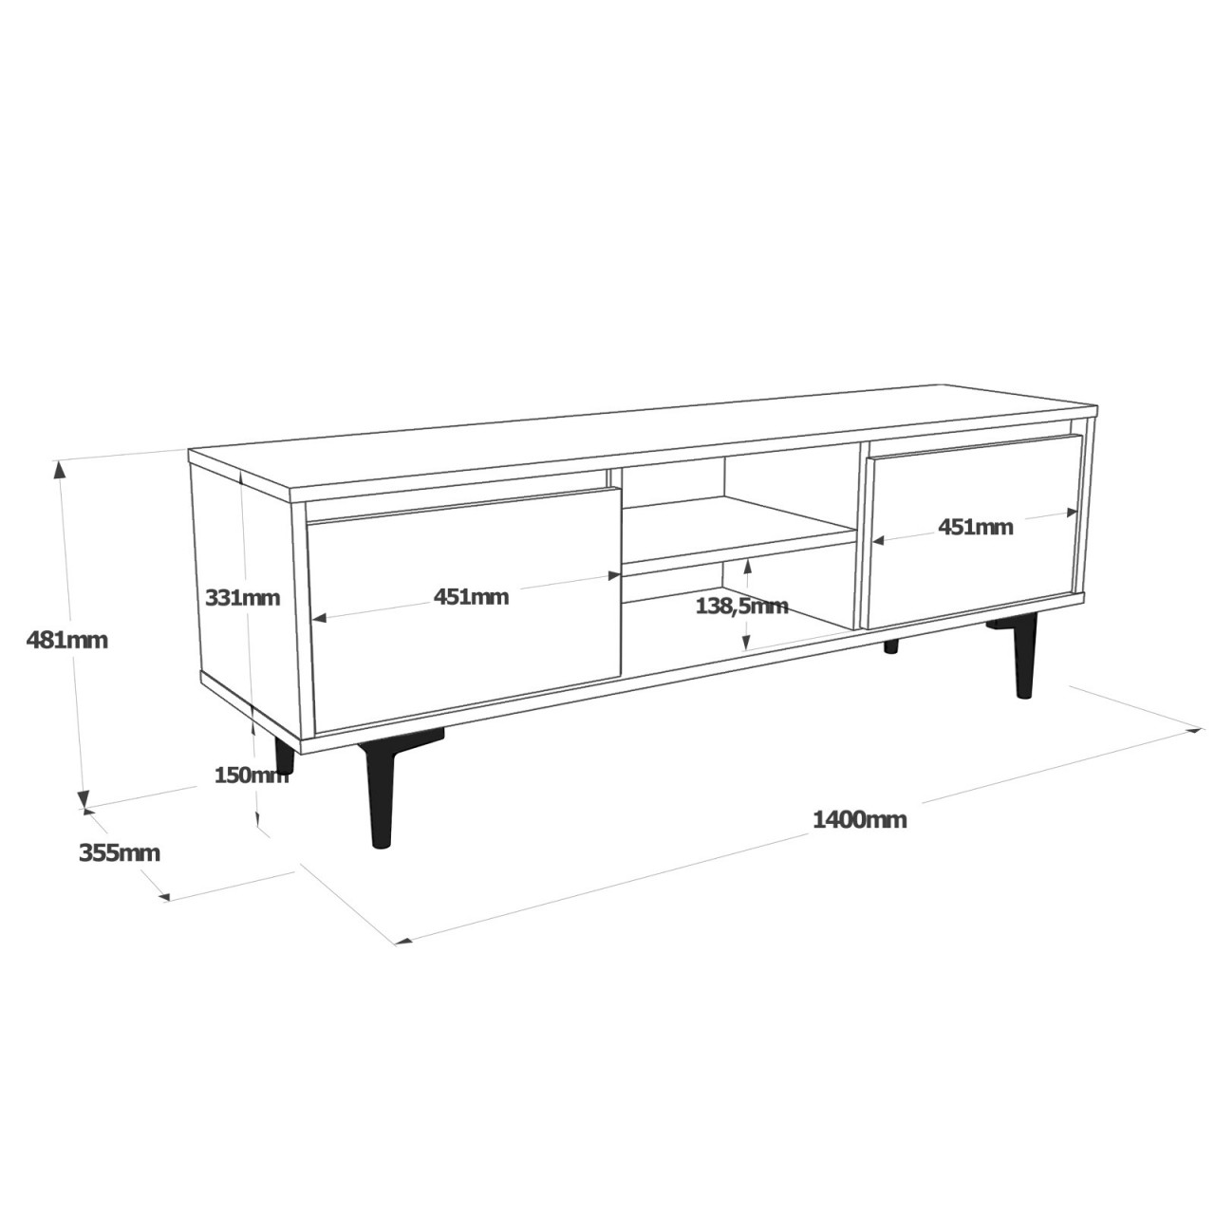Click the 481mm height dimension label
click(66, 641)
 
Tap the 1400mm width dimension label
click(859, 819)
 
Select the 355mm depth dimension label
click(119, 853)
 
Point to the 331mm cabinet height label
click(242, 598)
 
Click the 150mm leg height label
click(251, 776)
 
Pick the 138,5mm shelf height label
click(741, 606)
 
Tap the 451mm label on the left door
click(471, 597)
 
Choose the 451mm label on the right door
click(975, 527)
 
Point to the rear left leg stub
click(284, 756)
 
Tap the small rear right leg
click(890, 647)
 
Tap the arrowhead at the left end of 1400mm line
click(403, 942)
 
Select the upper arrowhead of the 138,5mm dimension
click(748, 565)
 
